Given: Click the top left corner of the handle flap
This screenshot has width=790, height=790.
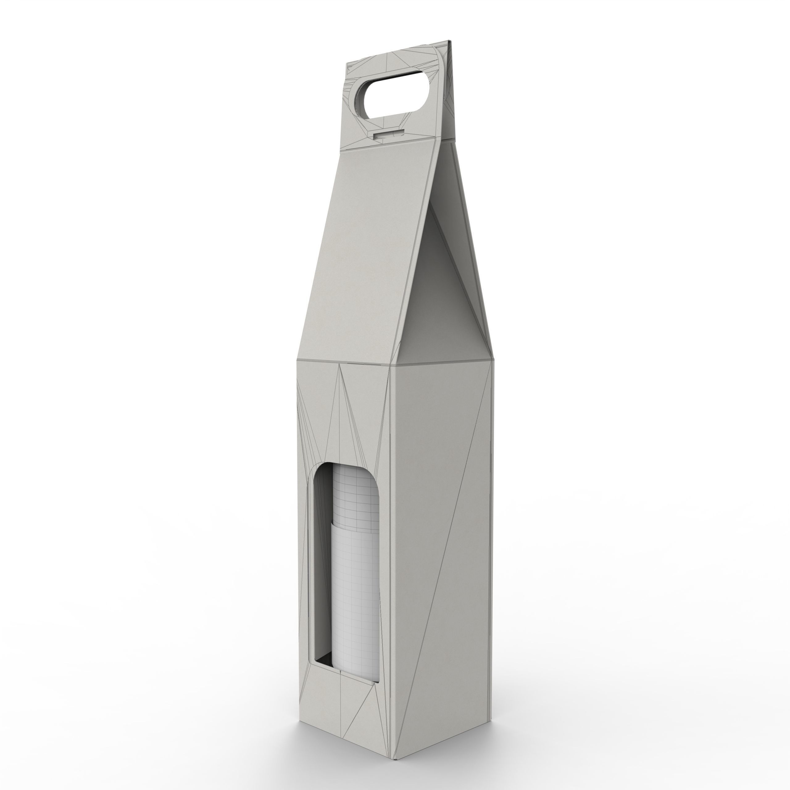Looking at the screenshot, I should pyautogui.click(x=347, y=64).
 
